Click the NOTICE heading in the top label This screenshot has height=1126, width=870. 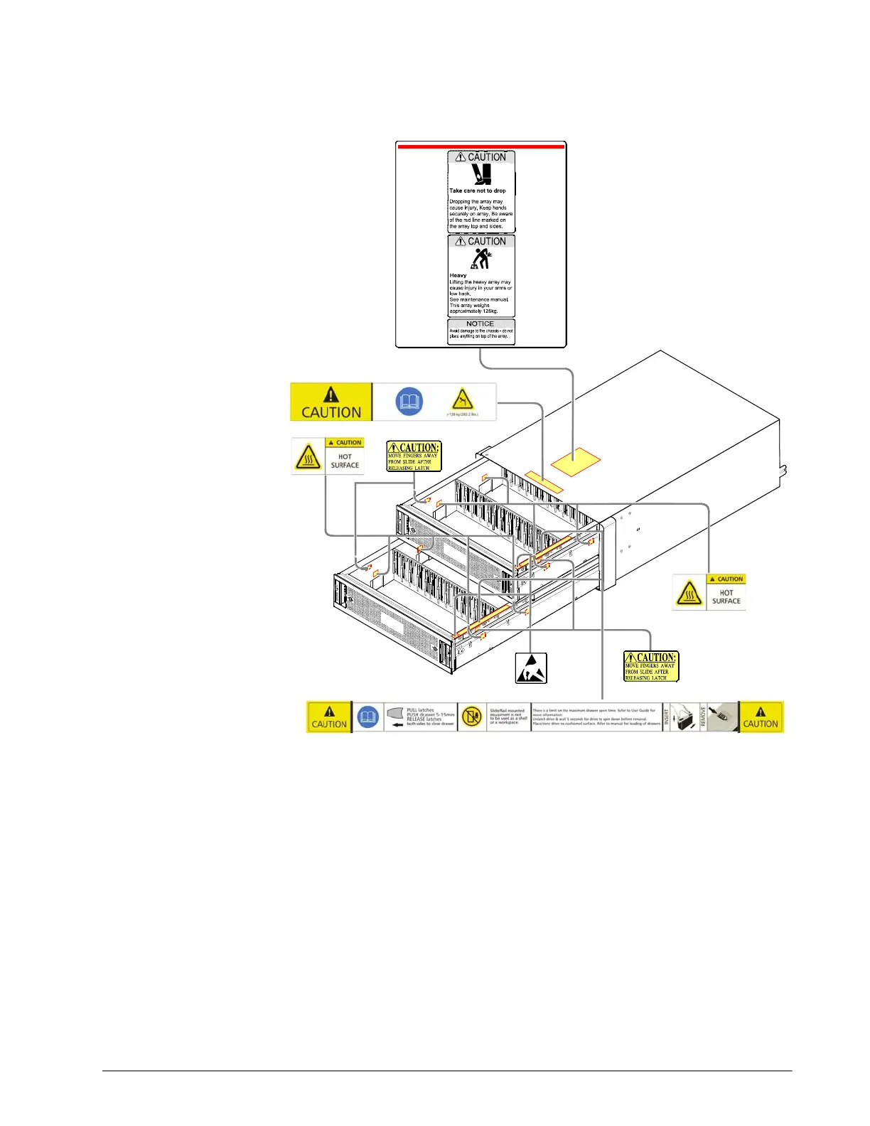click(x=480, y=323)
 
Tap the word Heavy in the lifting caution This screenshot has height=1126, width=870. click(x=458, y=275)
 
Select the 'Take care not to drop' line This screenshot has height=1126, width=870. click(x=478, y=191)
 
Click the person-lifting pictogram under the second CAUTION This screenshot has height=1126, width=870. click(x=481, y=259)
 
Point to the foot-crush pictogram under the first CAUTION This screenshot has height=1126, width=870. click(x=482, y=174)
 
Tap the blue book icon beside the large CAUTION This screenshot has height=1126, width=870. click(x=409, y=402)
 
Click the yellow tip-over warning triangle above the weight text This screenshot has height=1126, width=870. click(x=463, y=399)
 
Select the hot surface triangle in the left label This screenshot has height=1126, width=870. click(x=308, y=457)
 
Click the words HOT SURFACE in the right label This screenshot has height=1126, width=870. click(x=726, y=596)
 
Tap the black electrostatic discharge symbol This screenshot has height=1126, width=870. click(x=531, y=667)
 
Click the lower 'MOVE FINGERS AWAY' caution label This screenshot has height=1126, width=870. click(x=650, y=667)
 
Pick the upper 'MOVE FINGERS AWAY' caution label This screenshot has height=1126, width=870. click(x=414, y=456)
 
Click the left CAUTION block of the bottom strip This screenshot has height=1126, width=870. click(x=329, y=717)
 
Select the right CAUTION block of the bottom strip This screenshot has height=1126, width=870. click(x=761, y=717)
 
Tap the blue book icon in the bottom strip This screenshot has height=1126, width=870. click(x=367, y=717)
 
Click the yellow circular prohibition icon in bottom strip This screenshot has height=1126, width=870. click(x=471, y=717)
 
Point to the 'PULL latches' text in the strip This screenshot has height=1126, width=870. click(x=421, y=710)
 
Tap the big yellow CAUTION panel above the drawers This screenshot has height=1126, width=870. click(x=331, y=402)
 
